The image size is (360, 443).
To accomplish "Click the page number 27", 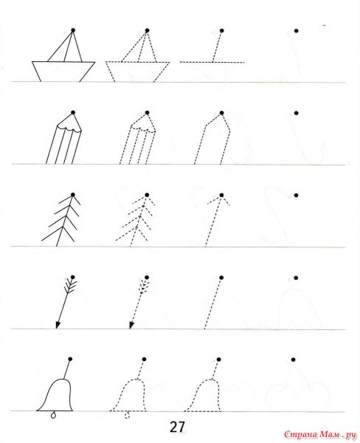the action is pyautogui.click(x=177, y=427).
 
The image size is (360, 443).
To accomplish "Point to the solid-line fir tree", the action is pyautogui.click(x=61, y=220).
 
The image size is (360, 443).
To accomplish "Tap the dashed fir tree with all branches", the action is pyautogui.click(x=135, y=220).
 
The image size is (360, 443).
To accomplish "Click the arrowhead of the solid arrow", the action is pyautogui.click(x=58, y=325).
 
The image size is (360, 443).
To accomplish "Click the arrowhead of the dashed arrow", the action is pyautogui.click(x=131, y=325).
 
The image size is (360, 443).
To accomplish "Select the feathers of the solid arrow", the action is pyautogui.click(x=70, y=285).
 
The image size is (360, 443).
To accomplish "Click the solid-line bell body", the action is pyautogui.click(x=55, y=395).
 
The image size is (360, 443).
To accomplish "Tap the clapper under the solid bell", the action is pyautogui.click(x=53, y=415).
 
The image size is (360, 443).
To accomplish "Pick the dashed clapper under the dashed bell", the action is pyautogui.click(x=127, y=415).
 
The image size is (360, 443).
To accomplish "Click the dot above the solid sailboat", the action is pyautogui.click(x=73, y=30).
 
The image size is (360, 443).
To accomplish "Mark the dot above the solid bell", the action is pyautogui.click(x=70, y=359).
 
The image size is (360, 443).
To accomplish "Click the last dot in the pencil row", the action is pyautogui.click(x=296, y=113).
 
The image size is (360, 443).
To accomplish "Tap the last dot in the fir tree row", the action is pyautogui.click(x=296, y=195).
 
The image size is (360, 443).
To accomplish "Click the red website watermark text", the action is pyautogui.click(x=321, y=434).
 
